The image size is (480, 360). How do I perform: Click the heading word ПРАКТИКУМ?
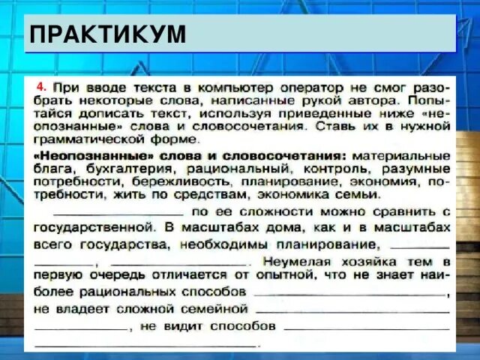click(x=107, y=34)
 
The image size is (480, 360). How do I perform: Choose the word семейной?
click(x=218, y=308)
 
